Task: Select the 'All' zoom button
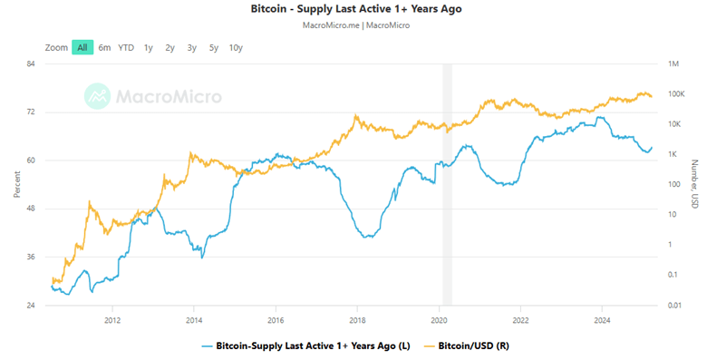[82, 47]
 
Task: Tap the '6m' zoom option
[105, 47]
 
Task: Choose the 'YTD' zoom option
[126, 47]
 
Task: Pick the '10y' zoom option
[236, 47]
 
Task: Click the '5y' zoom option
[213, 47]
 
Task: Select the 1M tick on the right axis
[673, 63]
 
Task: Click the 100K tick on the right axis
[675, 94]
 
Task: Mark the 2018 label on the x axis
[357, 320]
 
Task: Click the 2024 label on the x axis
[603, 320]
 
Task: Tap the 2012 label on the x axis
[112, 320]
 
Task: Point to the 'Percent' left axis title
[17, 185]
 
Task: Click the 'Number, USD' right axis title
[693, 185]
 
